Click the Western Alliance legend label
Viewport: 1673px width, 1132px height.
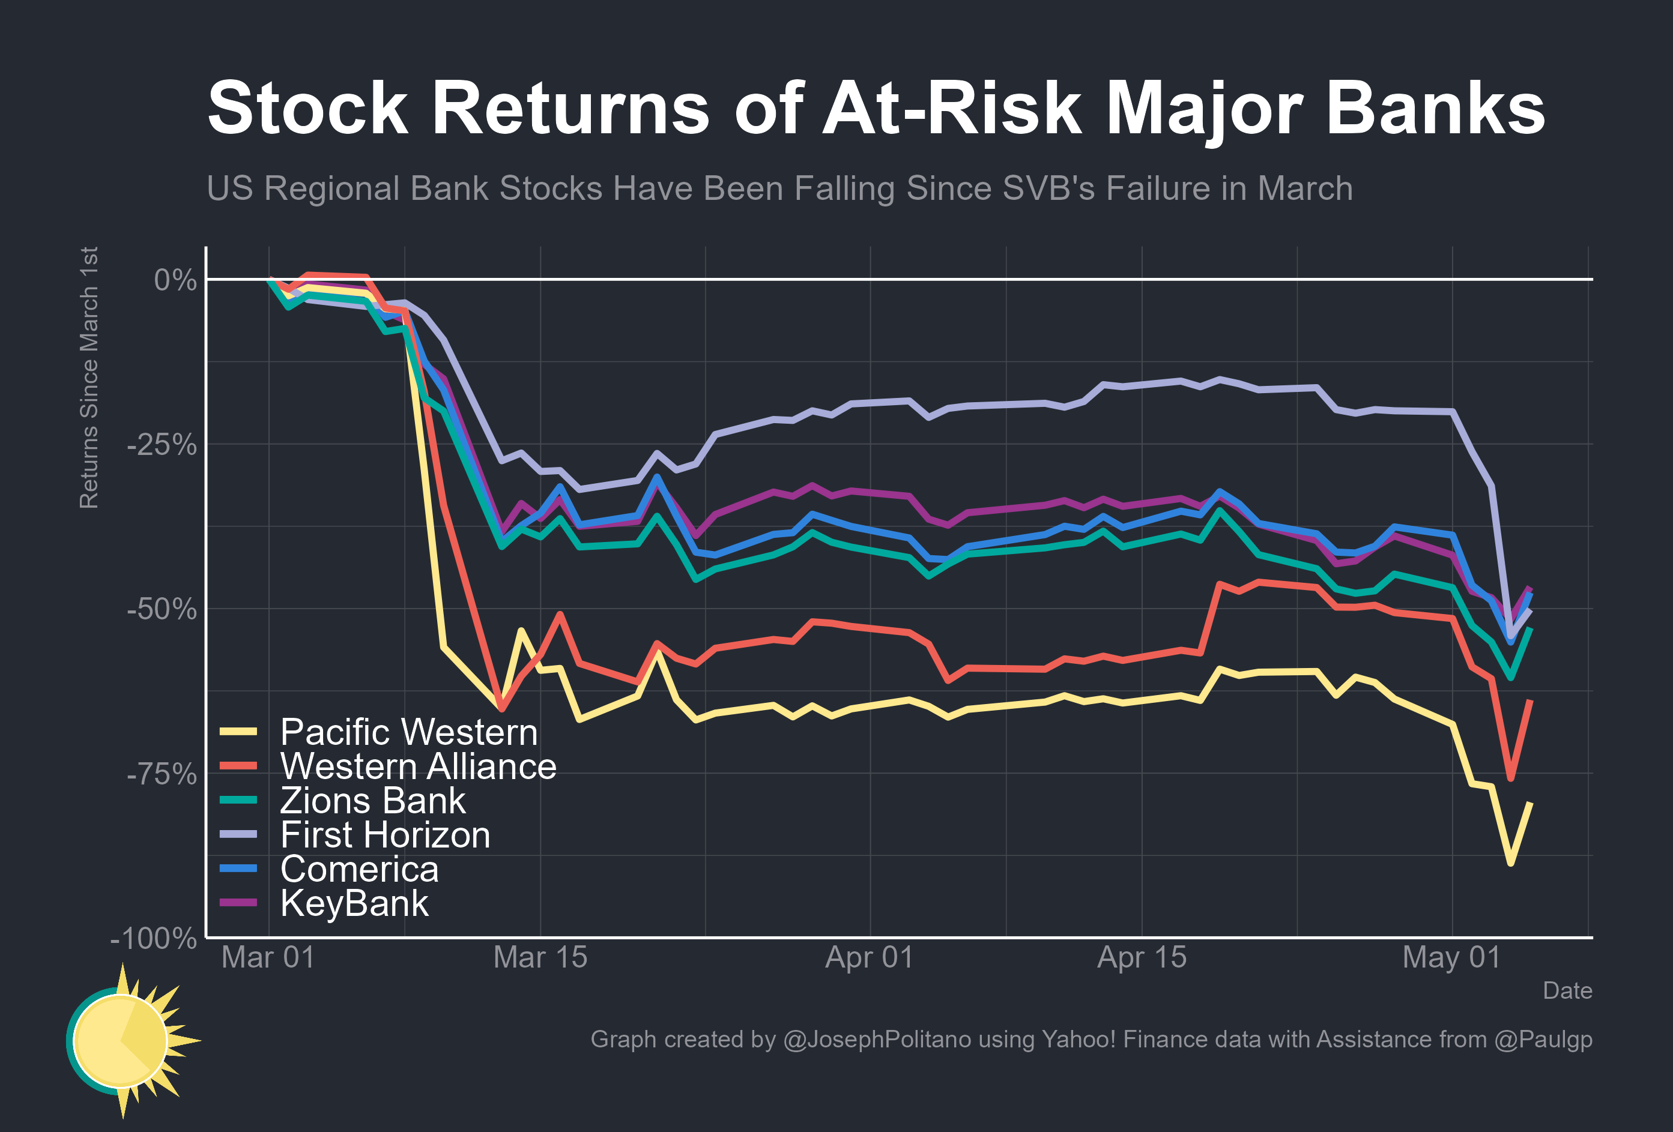point(417,766)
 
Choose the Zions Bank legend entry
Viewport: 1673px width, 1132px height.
point(372,801)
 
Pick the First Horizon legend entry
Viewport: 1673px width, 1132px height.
point(384,835)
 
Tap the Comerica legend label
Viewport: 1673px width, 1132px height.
point(358,869)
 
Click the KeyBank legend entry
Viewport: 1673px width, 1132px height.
point(354,904)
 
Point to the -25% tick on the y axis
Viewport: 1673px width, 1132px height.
point(162,445)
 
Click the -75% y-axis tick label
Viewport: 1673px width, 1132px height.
point(162,775)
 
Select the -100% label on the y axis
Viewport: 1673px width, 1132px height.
point(153,939)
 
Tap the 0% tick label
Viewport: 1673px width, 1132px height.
point(175,280)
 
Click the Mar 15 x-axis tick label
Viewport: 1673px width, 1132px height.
point(540,958)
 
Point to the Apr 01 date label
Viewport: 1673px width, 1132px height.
point(869,958)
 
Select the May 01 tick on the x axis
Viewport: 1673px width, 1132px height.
point(1451,958)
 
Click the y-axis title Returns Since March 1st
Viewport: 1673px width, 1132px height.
point(88,378)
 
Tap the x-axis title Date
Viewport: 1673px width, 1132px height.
point(1567,991)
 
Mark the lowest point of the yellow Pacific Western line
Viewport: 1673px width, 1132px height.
point(1510,862)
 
